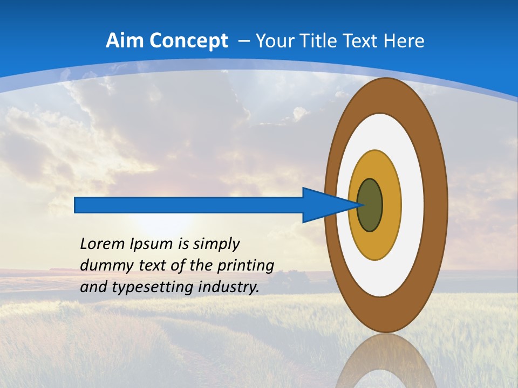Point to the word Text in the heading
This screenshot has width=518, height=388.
tap(361, 41)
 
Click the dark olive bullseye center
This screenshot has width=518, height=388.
tap(370, 205)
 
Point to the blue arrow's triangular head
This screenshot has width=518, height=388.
tap(324, 205)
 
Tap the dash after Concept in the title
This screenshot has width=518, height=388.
tap(243, 41)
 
